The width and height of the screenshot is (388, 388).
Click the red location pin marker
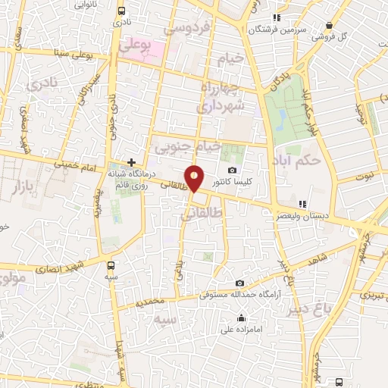(195, 177)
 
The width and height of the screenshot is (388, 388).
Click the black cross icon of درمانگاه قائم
(132, 162)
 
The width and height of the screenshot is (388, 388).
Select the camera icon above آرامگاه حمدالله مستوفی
(239, 283)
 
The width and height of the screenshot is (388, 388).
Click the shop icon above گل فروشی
(329, 24)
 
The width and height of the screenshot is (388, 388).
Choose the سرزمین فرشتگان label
(282, 30)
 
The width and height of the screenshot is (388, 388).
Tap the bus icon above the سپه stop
(111, 265)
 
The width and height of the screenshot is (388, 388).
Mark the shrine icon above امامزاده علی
(241, 318)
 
